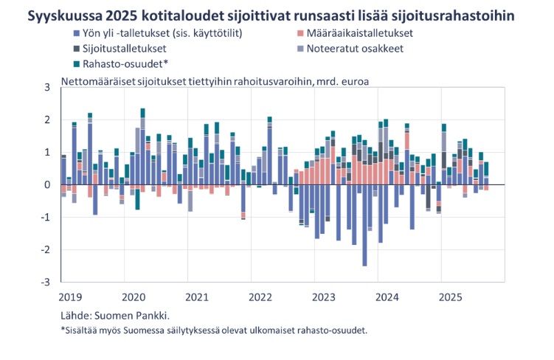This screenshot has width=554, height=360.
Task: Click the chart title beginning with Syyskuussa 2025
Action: pos(271,14)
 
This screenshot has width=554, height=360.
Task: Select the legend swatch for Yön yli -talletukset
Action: pos(76,34)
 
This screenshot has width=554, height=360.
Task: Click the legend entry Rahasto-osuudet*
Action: pos(119,63)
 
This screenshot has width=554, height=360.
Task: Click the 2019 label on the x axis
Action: pos(72,297)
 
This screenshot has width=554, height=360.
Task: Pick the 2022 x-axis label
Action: pos(260,297)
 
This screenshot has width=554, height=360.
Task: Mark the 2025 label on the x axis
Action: pos(451,297)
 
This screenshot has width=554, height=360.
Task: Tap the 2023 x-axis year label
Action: pos(324,297)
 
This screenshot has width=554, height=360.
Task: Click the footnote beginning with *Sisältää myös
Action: pos(214,330)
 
